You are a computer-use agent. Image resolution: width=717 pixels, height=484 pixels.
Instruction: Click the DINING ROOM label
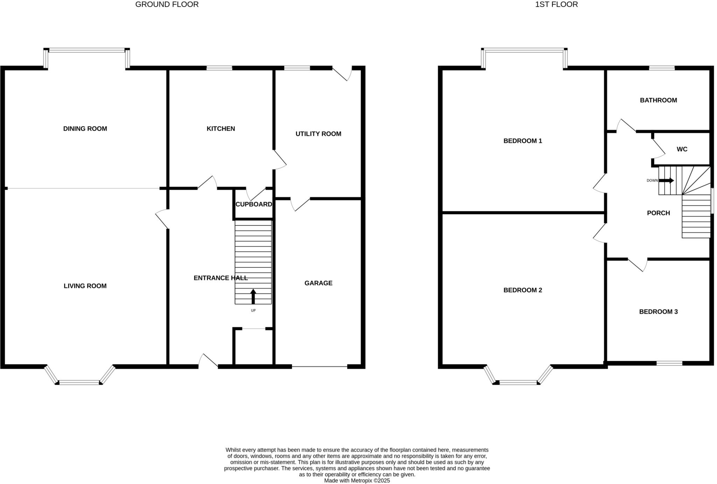coord(85,128)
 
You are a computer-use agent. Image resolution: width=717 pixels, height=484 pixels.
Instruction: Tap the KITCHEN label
coord(221,128)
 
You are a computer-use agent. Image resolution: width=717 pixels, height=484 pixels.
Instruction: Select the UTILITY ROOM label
coord(318,134)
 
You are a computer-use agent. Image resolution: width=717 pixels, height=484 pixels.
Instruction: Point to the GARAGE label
coord(318,283)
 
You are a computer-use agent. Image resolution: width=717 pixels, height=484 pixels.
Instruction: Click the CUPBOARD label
coord(253,204)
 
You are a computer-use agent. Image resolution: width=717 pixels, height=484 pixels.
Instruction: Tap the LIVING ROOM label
coord(85,286)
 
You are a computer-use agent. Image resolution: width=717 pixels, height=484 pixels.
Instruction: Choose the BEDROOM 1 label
coord(523,141)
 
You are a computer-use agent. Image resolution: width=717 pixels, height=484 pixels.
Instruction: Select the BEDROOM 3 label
coord(658,311)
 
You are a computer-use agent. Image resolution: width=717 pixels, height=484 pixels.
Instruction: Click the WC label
coord(682,149)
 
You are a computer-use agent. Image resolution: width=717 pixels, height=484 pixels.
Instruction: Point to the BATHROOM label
coord(658,100)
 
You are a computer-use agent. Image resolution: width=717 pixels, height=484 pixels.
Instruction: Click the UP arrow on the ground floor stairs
coord(253,296)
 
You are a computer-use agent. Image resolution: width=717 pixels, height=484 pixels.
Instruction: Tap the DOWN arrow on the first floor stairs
coord(666,181)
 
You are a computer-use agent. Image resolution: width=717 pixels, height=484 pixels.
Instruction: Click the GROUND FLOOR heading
coord(167,5)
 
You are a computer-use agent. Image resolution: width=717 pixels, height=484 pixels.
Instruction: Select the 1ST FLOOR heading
coord(556,5)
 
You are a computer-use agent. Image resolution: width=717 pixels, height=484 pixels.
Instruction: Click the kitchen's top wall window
coord(219,68)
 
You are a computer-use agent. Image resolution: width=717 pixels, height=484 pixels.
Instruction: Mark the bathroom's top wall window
coord(662,68)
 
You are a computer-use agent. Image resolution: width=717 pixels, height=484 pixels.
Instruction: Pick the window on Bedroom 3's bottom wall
coord(669,363)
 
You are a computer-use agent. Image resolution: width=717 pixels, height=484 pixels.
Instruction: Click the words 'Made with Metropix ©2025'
coord(357,481)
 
